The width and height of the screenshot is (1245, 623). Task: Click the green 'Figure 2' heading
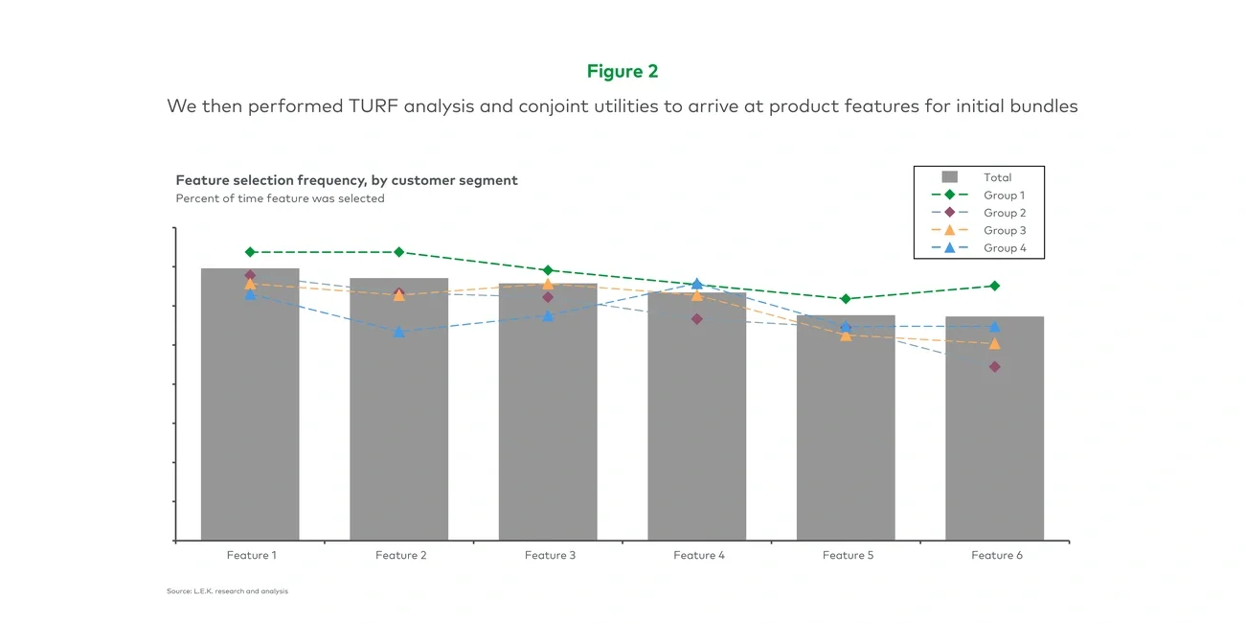[622, 72]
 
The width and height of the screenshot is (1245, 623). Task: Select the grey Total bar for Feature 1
[250, 412]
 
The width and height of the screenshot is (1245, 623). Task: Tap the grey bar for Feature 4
[696, 422]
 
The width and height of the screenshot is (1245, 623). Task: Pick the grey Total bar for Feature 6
[994, 431]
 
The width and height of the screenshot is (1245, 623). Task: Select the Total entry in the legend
[997, 177]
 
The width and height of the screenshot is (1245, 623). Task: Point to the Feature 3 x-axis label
[550, 556]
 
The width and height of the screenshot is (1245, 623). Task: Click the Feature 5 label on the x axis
[848, 556]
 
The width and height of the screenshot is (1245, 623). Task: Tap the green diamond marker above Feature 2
[399, 252]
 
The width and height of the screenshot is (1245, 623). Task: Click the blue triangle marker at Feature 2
[399, 332]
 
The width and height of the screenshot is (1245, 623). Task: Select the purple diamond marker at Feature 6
[994, 367]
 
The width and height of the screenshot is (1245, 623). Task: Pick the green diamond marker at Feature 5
[846, 299]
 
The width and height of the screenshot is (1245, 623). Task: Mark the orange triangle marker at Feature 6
[994, 343]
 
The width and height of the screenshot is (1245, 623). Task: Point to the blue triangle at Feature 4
[697, 284]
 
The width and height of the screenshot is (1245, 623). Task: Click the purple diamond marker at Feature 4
[697, 319]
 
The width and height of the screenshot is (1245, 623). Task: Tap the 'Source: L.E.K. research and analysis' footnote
[227, 591]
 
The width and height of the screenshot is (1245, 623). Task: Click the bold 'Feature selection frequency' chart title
[347, 180]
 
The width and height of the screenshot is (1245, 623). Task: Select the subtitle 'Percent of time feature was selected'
[280, 198]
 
